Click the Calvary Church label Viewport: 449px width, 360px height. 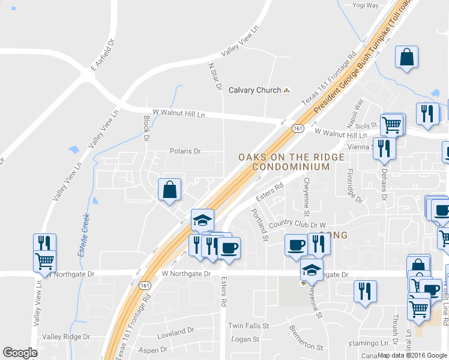tap(255, 91)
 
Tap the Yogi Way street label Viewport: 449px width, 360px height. tap(366, 5)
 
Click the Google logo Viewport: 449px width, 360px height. tap(20, 353)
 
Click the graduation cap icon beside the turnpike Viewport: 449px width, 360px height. tap(202, 220)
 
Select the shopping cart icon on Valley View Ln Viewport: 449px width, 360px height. tap(44, 262)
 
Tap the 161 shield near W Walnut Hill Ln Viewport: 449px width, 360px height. tap(298, 129)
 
